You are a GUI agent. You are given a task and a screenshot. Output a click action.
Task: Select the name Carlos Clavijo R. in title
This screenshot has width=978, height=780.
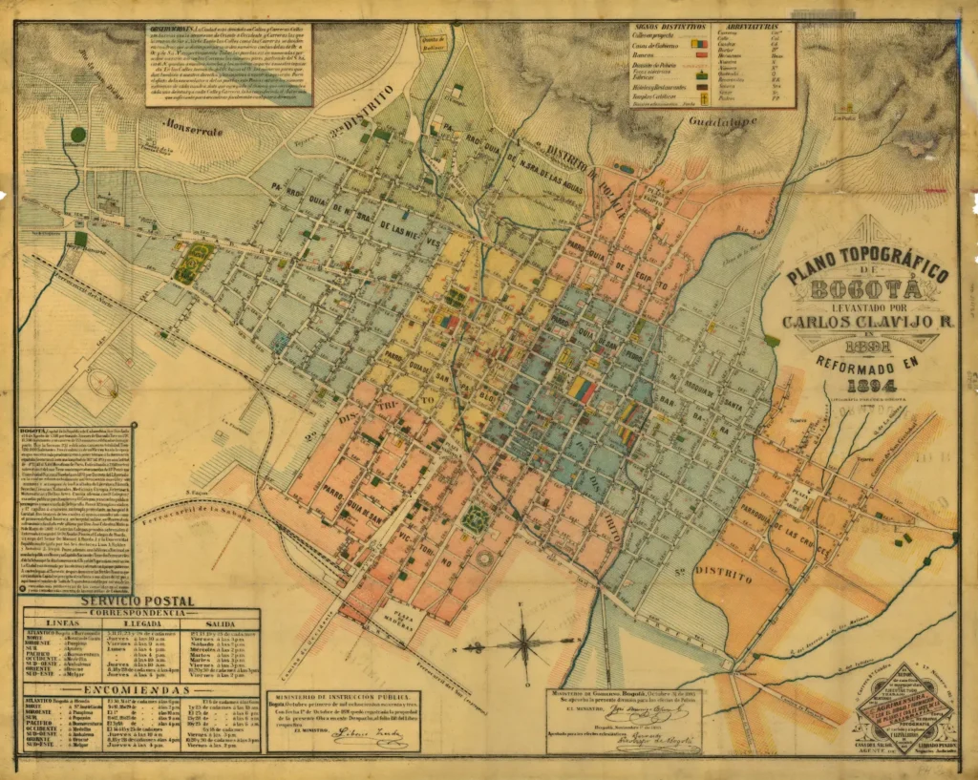(868, 321)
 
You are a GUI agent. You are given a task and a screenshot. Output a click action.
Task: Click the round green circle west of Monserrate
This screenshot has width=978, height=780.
(78, 136)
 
